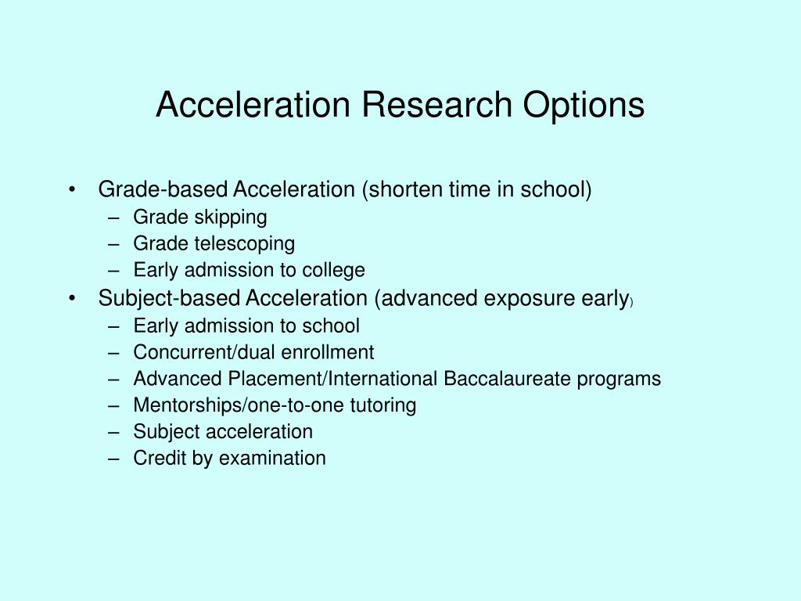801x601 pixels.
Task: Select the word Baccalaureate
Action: click(x=508, y=379)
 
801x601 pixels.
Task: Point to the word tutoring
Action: click(x=383, y=405)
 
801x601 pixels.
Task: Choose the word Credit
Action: click(x=159, y=459)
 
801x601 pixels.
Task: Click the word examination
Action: click(x=272, y=459)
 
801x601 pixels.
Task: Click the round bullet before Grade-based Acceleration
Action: click(x=72, y=190)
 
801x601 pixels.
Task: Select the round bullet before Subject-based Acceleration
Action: click(x=72, y=298)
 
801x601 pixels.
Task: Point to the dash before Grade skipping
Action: click(x=115, y=217)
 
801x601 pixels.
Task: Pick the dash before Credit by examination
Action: click(x=115, y=459)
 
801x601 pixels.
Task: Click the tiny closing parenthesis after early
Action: click(x=630, y=302)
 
